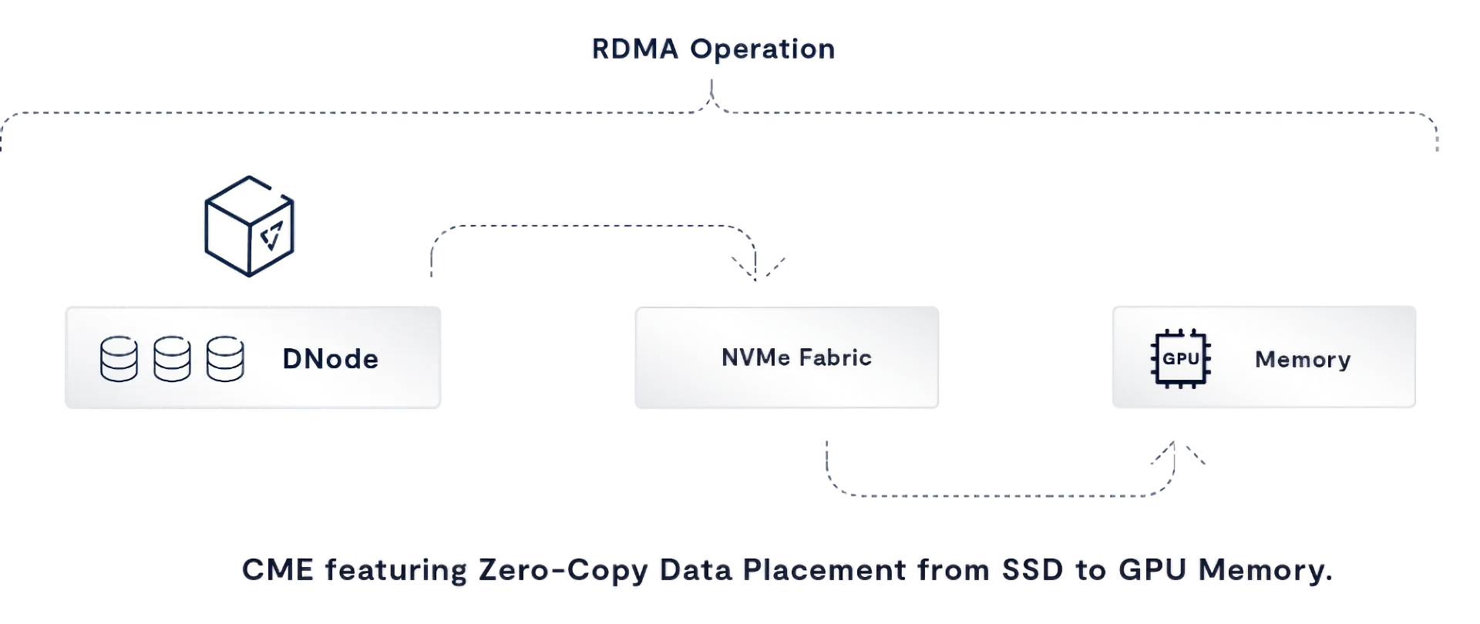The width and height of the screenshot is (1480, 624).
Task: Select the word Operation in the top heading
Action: click(762, 49)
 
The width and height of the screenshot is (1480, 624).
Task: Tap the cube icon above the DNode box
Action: click(249, 226)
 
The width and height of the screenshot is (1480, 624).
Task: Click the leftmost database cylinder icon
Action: click(119, 359)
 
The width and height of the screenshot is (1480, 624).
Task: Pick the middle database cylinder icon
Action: click(172, 359)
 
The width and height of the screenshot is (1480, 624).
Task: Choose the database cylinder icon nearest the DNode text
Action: click(225, 359)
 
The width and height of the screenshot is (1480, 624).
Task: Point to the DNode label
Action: click(330, 359)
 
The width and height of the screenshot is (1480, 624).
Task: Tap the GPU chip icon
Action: click(1179, 359)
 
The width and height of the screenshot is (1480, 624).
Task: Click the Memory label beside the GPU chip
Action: click(1303, 359)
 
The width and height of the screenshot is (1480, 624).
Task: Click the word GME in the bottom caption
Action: click(277, 571)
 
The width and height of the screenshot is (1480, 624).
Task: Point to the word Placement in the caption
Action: click(826, 571)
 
